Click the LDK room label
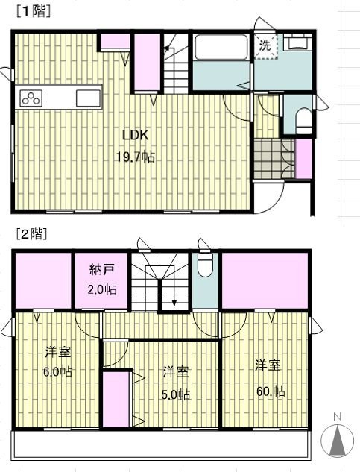pyautogui.click(x=136, y=135)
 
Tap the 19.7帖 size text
pyautogui.click(x=136, y=157)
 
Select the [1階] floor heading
pyautogui.click(x=34, y=12)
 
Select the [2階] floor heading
pyautogui.click(x=32, y=234)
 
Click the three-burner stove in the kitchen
pyautogui.click(x=31, y=98)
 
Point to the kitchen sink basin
pyautogui.click(x=88, y=98)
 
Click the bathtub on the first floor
pyautogui.click(x=221, y=47)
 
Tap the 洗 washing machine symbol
pyautogui.click(x=265, y=46)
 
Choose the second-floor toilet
pyautogui.click(x=206, y=265)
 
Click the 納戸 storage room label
pyautogui.click(x=102, y=270)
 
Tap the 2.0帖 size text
pyautogui.click(x=102, y=289)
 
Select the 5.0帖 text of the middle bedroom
pyautogui.click(x=176, y=394)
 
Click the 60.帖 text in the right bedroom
pyautogui.click(x=271, y=391)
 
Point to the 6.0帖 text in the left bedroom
pyautogui.click(x=57, y=372)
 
